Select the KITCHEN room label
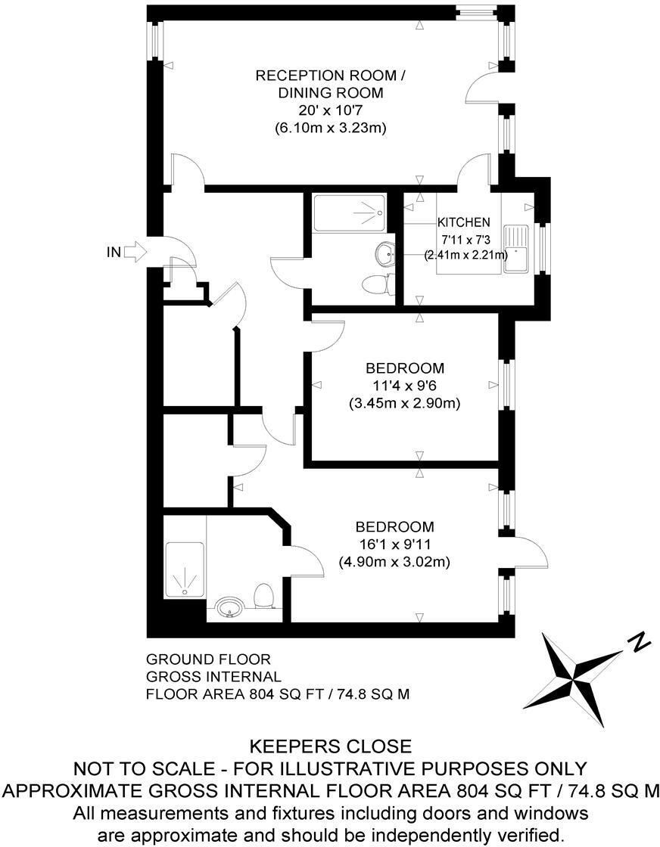coord(464,222)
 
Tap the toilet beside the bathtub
coord(377,285)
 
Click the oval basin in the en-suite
coord(229,607)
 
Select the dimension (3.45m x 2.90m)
coord(405,404)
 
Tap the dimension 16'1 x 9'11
coord(394,544)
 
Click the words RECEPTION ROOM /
coord(331,75)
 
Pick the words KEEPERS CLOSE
coord(329,747)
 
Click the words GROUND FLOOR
coord(208,659)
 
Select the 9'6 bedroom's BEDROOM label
coord(405,369)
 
